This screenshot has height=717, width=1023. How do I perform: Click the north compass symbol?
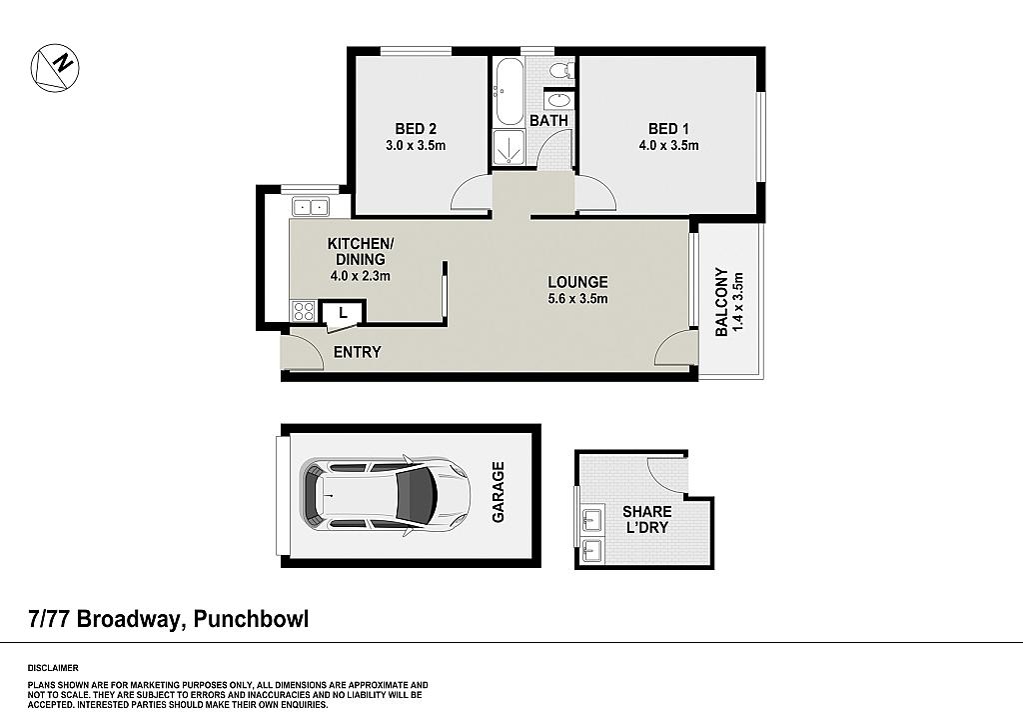tap(55, 68)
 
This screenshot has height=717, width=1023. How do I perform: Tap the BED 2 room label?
tap(416, 129)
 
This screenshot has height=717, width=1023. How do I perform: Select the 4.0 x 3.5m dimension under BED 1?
tap(668, 146)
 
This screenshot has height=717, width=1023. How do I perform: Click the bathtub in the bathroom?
tap(510, 91)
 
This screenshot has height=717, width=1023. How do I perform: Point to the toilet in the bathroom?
tap(560, 70)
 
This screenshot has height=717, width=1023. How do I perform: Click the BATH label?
tap(548, 121)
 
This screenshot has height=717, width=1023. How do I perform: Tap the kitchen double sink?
tap(310, 206)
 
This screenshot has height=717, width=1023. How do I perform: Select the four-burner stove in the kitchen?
tap(304, 311)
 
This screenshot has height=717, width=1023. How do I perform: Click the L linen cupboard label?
tap(343, 313)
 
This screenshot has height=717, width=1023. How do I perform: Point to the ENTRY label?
tap(357, 353)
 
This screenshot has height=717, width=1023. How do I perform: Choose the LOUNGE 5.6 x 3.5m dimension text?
tap(578, 299)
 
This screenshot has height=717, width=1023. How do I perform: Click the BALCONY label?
tap(721, 302)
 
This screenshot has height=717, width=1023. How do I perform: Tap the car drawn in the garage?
tap(385, 496)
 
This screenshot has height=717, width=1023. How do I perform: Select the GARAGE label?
tap(499, 492)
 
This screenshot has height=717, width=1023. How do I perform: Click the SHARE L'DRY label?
tap(647, 519)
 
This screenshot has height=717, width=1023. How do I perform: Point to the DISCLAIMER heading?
tap(53, 668)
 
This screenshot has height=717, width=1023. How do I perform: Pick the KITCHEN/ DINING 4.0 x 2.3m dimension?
tap(360, 276)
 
